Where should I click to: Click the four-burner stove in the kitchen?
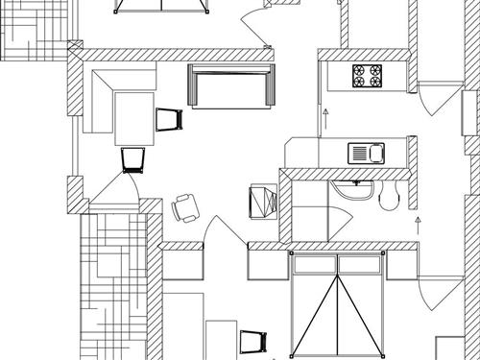[x=368, y=74]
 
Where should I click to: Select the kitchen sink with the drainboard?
[x=366, y=152]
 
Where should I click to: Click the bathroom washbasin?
[x=356, y=189]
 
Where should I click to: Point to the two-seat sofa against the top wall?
[x=231, y=86]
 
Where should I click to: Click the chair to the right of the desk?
[x=169, y=119]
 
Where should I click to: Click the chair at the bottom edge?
[x=252, y=341]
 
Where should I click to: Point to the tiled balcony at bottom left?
[x=111, y=288]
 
